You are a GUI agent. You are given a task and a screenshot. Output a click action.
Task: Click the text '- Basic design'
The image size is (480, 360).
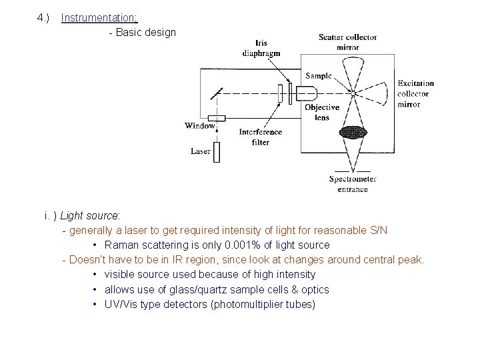pos(142,32)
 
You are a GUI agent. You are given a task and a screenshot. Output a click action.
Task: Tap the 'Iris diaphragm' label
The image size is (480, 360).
pos(261,49)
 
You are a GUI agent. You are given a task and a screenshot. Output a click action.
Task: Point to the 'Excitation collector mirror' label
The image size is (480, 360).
pos(415,94)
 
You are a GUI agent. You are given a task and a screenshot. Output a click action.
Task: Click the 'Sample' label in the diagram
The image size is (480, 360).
pos(318,75)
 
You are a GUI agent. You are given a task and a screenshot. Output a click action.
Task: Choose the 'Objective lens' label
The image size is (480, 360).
pos(321,112)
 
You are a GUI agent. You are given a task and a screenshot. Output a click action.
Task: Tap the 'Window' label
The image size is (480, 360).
pos(200,125)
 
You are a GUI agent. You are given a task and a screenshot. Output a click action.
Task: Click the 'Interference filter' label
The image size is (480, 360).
pos(261,137)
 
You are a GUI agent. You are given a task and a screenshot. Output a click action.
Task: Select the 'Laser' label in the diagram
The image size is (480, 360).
pos(200,151)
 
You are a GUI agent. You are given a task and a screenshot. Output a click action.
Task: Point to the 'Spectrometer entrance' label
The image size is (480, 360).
pos(353,184)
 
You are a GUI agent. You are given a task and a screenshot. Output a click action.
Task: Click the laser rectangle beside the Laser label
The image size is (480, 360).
pos(216,151)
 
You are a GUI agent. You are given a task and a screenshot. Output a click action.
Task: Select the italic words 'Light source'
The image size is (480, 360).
pos(89,216)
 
